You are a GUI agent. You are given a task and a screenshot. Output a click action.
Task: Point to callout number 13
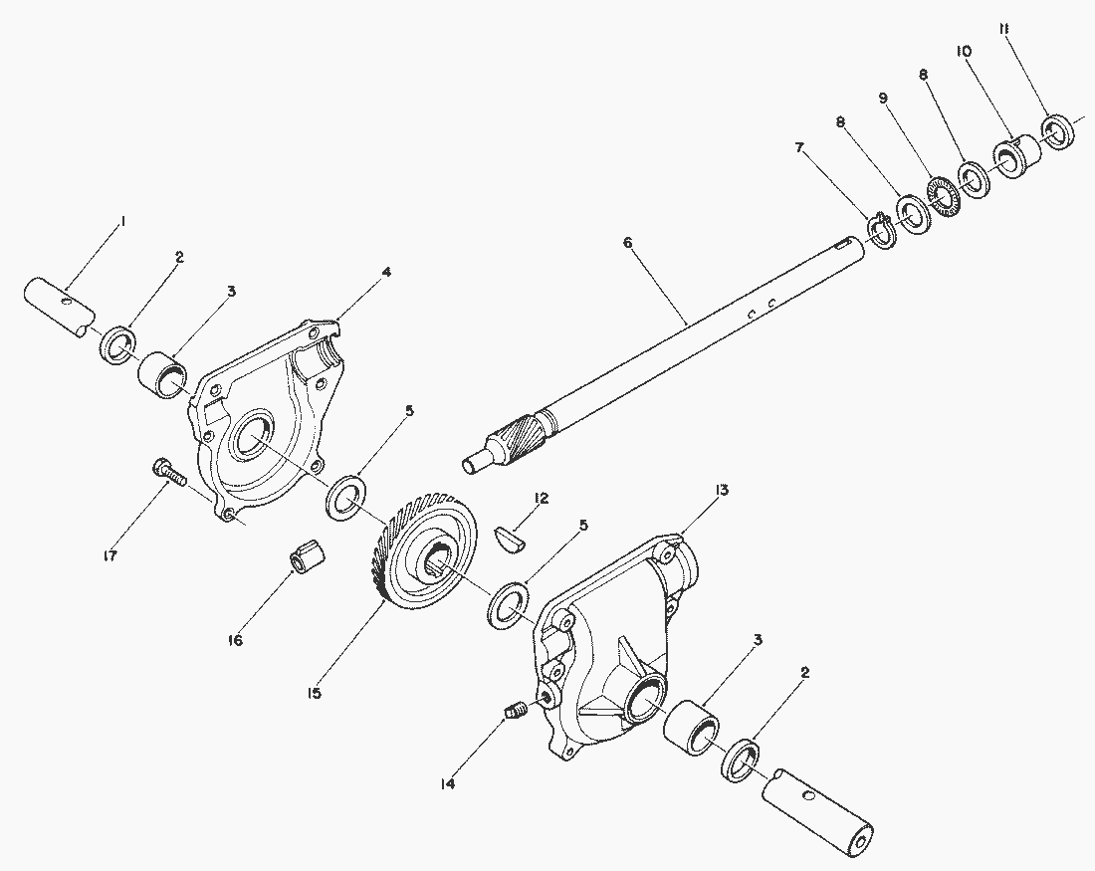[721, 490]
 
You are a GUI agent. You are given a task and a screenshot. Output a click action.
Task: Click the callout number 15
[315, 693]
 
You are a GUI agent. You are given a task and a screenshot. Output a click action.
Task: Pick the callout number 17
[109, 555]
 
